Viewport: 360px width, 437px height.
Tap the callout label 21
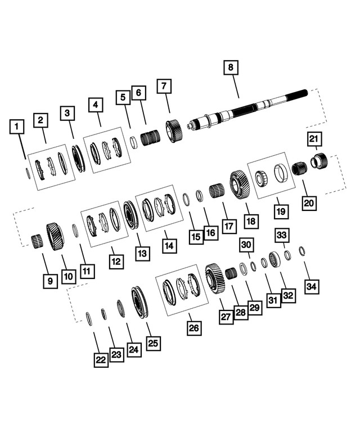314,139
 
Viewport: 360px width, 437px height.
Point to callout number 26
193,328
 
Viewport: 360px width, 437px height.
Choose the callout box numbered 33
282,234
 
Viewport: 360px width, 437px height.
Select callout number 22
101,360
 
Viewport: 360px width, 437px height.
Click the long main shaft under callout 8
247,110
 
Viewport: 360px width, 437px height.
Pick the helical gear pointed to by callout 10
55,235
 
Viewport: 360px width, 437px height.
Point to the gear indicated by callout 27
215,277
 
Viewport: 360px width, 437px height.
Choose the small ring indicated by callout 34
302,250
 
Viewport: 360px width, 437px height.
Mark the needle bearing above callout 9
37,241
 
